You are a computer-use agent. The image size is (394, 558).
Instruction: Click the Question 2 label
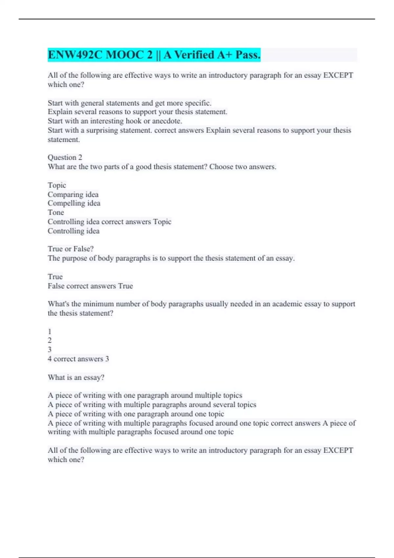65,157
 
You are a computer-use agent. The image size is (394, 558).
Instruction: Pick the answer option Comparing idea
73,194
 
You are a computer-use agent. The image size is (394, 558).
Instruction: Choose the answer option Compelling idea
74,204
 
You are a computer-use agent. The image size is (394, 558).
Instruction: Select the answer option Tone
56,212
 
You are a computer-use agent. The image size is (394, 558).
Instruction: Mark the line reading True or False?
71,249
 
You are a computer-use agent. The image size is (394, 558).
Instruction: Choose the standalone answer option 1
50,332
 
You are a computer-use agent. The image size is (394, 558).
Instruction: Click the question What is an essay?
76,377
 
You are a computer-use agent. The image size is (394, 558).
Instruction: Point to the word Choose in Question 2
221,167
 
